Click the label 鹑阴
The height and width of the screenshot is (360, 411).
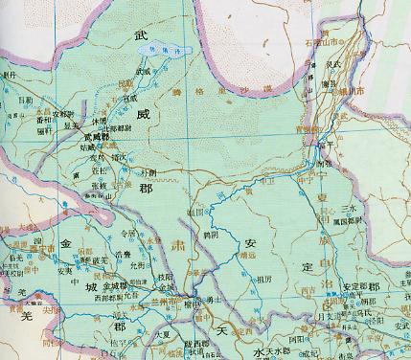[x=199, y=235]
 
